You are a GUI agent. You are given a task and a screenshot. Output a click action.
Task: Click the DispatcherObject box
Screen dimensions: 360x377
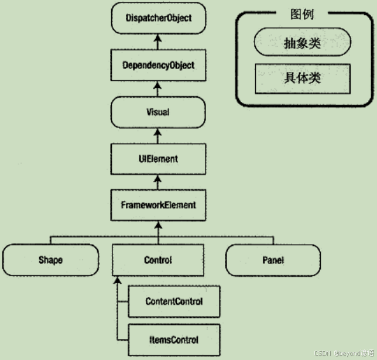coord(158,18)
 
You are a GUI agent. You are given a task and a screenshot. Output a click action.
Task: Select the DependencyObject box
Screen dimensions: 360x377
coord(158,65)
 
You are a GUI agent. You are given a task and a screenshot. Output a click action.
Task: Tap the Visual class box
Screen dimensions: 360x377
coord(158,112)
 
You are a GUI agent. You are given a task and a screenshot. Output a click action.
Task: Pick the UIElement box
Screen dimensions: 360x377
coord(158,159)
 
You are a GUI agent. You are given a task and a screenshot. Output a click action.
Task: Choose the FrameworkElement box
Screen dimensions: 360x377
coord(158,205)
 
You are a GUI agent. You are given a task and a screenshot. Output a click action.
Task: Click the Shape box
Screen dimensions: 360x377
coord(50,260)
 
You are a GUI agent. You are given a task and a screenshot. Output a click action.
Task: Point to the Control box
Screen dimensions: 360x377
coord(158,260)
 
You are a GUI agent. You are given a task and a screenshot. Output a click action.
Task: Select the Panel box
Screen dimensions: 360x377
coord(273,260)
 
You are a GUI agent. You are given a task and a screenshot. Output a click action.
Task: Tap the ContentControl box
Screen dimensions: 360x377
coord(174,301)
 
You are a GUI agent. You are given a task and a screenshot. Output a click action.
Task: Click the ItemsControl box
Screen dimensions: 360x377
coord(174,340)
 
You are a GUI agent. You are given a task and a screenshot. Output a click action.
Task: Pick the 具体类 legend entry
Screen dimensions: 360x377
coord(302,78)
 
